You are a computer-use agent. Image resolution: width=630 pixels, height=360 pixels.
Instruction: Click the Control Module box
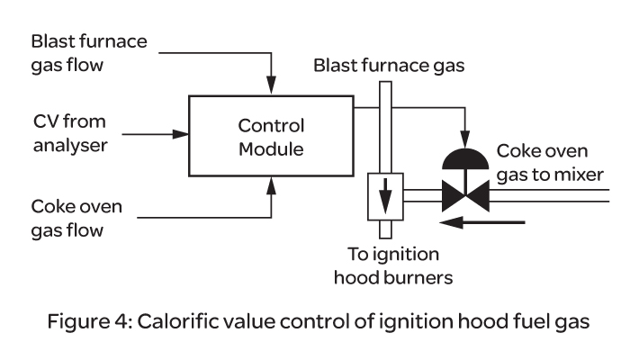271,136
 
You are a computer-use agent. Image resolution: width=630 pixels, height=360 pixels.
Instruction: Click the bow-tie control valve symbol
464,194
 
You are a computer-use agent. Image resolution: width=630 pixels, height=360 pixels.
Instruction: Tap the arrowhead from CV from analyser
183,135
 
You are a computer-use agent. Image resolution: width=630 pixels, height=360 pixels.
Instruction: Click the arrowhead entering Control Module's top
271,85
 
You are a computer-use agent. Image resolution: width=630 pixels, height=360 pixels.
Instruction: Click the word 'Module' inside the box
271,148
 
